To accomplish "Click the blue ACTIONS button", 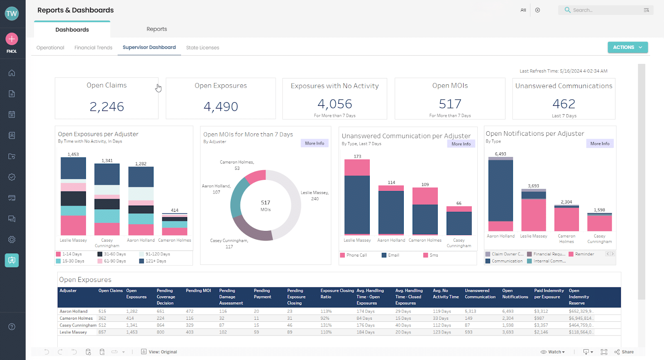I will click(627, 47).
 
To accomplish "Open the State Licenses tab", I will click(203, 48).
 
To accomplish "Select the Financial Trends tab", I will click(93, 48).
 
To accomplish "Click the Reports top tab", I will click(156, 29).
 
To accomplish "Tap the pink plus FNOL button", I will click(12, 39).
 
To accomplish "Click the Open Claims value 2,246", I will click(107, 107).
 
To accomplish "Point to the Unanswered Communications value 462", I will click(564, 104).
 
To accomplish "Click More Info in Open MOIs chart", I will click(314, 143).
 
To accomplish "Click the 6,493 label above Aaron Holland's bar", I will click(500, 154).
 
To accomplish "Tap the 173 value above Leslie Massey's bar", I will click(357, 157).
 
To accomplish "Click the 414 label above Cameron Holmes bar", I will click(174, 210).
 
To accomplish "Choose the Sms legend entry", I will click(433, 255).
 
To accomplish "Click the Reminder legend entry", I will click(584, 254).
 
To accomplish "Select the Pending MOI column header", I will click(198, 291).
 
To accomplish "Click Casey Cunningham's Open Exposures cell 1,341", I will click(132, 326).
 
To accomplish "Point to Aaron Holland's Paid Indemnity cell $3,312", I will click(541, 311).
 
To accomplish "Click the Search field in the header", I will click(602, 10).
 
